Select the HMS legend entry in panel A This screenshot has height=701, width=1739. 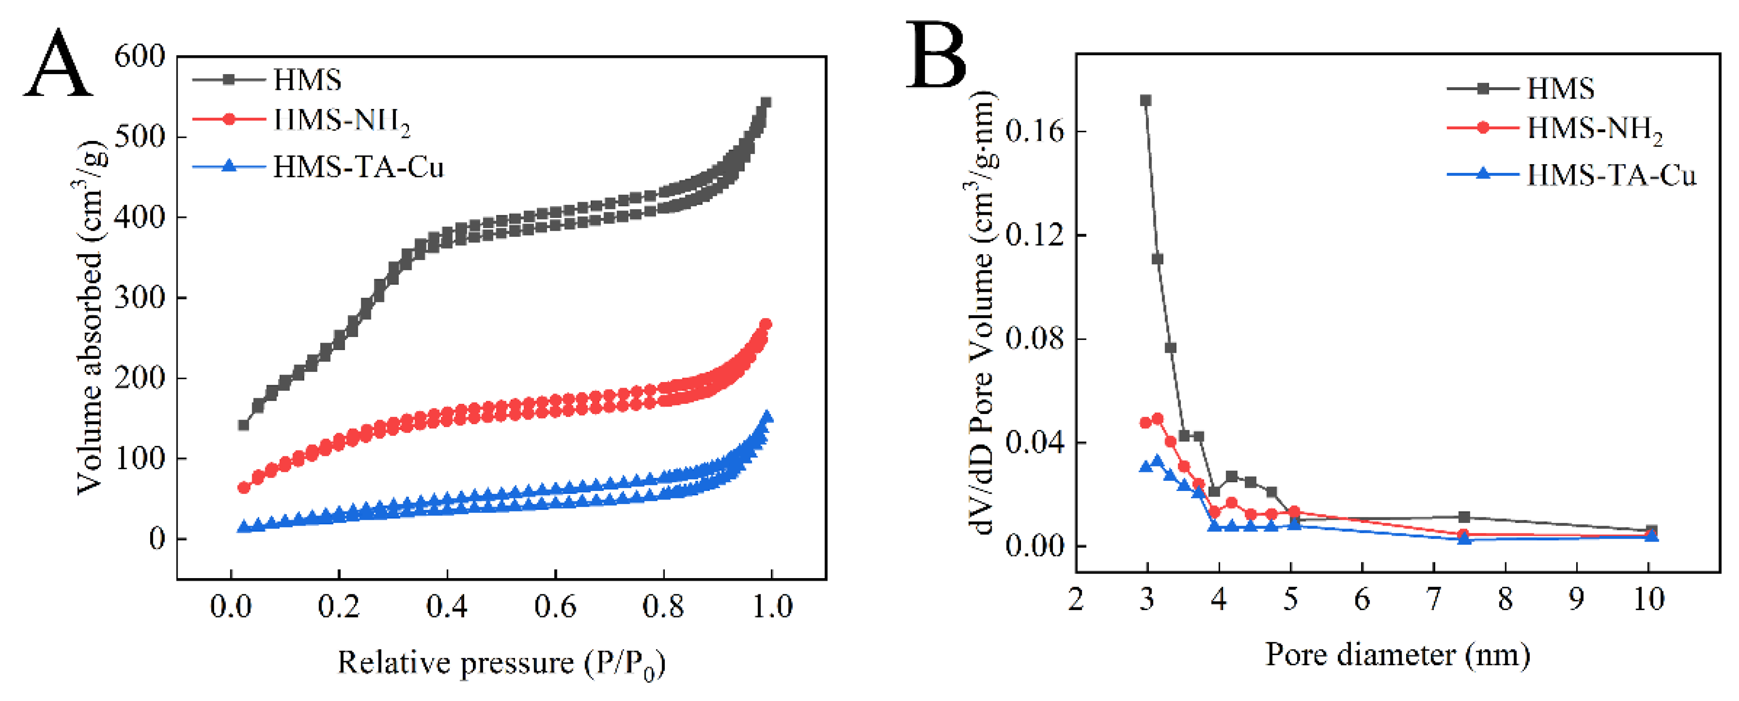307,80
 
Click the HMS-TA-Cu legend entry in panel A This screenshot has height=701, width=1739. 358,167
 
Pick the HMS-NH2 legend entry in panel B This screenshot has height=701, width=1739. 1594,129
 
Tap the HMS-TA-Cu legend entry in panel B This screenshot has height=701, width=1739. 1611,175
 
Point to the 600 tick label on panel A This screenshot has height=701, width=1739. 140,56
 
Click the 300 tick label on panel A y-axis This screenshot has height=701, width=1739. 140,298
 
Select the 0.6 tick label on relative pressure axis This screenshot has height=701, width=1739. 555,606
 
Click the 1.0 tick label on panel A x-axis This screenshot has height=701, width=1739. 771,606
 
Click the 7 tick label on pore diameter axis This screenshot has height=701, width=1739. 1433,599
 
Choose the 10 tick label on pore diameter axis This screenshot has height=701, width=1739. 1648,599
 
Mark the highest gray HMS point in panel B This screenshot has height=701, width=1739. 1146,101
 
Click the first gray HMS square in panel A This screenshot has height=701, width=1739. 244,425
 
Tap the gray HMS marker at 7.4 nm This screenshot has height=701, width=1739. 1464,517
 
